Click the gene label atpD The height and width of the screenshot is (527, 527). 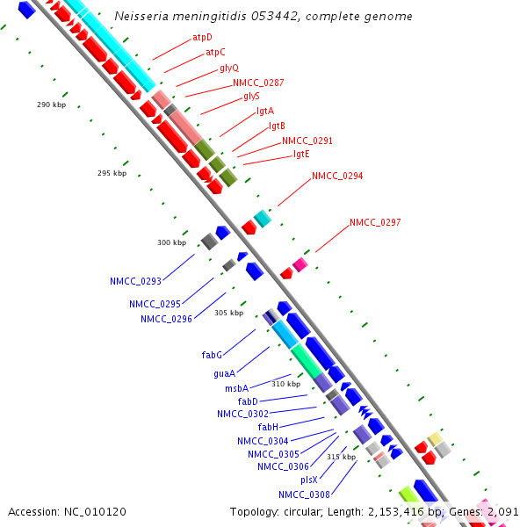[x=202, y=37]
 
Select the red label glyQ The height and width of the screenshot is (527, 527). [x=229, y=69]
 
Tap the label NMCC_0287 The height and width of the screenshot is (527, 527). [x=258, y=83]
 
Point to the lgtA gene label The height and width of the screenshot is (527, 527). [x=265, y=112]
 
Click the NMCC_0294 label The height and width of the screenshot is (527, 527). [x=337, y=176]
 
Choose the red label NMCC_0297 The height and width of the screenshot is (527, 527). [x=375, y=222]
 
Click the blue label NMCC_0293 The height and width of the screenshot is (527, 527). [x=136, y=281]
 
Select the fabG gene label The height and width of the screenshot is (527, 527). [x=212, y=355]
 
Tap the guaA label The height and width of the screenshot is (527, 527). [x=224, y=373]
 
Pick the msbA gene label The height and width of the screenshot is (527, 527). [x=236, y=388]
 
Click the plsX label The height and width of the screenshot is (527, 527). [x=309, y=480]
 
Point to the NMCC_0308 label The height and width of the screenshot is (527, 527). [x=304, y=495]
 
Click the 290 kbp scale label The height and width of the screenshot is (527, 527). [x=52, y=105]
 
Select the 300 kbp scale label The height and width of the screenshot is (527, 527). [x=172, y=242]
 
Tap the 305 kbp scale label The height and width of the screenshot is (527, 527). [x=229, y=313]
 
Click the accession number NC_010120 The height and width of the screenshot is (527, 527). [x=95, y=512]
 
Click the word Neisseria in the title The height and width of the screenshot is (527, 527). [x=141, y=16]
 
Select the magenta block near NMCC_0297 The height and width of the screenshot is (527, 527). [x=300, y=264]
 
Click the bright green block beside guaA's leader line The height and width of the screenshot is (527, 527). [x=307, y=362]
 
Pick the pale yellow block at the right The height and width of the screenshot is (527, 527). [x=435, y=439]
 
